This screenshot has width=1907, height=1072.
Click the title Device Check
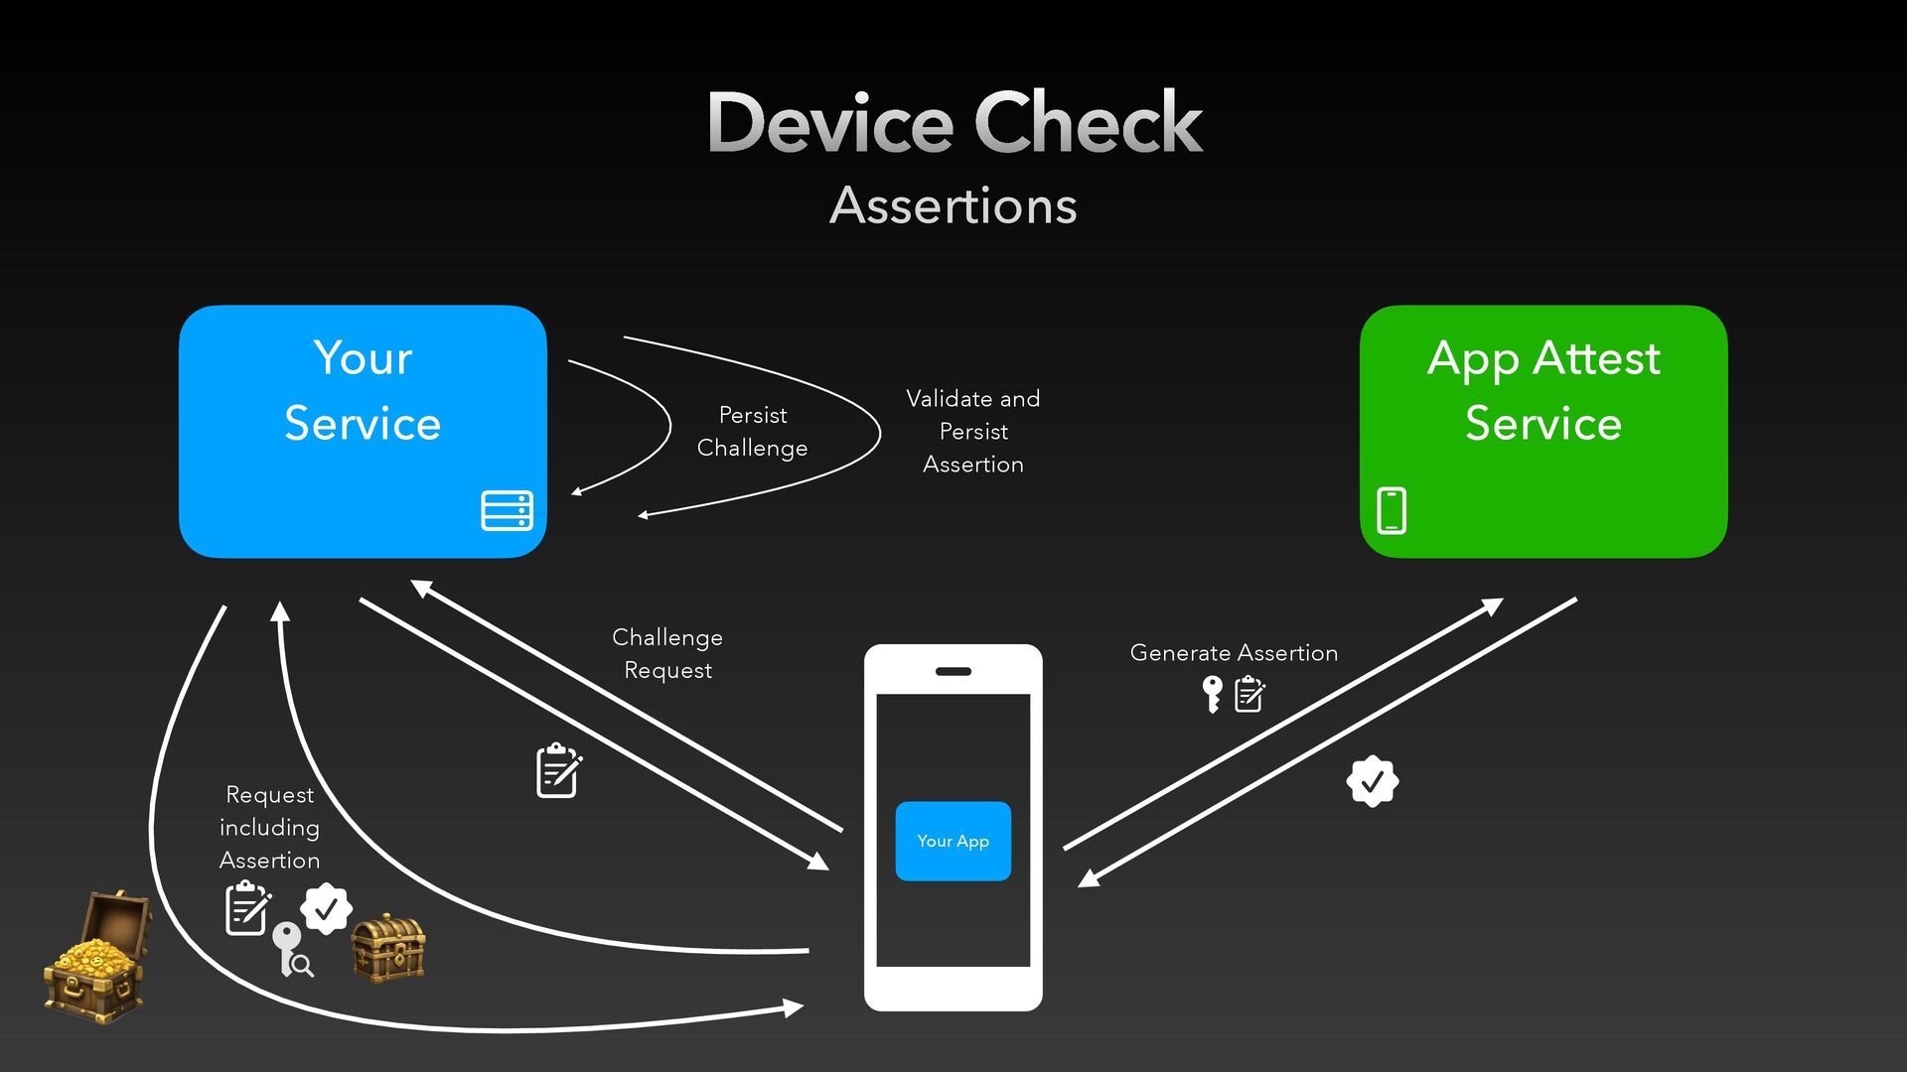click(x=954, y=122)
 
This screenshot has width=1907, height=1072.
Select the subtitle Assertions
click(x=953, y=205)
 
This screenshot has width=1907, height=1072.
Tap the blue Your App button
click(x=953, y=841)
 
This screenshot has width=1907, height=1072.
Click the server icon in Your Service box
click(x=507, y=510)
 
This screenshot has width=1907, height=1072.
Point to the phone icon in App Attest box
click(x=1392, y=510)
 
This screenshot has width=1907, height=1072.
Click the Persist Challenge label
click(x=752, y=431)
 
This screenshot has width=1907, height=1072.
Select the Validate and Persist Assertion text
click(x=973, y=431)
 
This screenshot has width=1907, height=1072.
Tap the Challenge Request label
click(x=667, y=653)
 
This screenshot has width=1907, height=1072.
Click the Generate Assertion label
click(x=1234, y=652)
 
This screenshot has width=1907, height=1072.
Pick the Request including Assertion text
click(x=269, y=827)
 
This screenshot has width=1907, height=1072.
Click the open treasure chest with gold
click(x=96, y=957)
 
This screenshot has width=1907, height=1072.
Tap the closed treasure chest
click(x=388, y=949)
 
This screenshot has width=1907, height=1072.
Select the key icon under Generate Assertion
click(x=1212, y=694)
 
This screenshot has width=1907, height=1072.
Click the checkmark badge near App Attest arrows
click(x=1373, y=781)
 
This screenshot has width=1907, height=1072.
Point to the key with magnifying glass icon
click(x=291, y=950)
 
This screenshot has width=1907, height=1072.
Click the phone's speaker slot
click(x=953, y=672)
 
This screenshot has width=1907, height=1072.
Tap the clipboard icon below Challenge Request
click(x=558, y=770)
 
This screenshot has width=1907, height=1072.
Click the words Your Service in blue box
click(x=363, y=390)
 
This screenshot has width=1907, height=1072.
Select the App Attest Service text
click(x=1543, y=390)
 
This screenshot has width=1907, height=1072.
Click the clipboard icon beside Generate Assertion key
click(x=1249, y=694)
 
